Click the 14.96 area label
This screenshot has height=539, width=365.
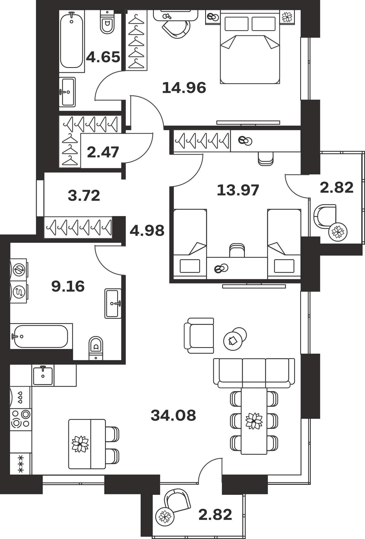(184, 88)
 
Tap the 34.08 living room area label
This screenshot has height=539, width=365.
(173, 415)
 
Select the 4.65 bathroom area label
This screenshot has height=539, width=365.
(103, 57)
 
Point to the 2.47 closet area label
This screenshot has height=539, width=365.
(103, 152)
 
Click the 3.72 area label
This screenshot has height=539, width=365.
(84, 196)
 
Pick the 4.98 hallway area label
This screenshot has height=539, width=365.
(147, 231)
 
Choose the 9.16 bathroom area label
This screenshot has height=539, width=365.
(68, 286)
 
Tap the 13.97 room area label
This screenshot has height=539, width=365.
(238, 190)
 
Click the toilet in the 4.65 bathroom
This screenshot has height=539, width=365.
(107, 22)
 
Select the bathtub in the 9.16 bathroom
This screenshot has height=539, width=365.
(41, 336)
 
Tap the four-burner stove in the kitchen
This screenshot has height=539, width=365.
(21, 419)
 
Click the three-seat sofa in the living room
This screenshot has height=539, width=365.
(254, 373)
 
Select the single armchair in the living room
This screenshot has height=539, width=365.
(199, 336)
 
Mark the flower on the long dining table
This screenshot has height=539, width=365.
(254, 421)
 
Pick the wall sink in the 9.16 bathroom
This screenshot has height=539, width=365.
(113, 303)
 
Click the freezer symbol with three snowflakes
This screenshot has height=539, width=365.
(21, 464)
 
